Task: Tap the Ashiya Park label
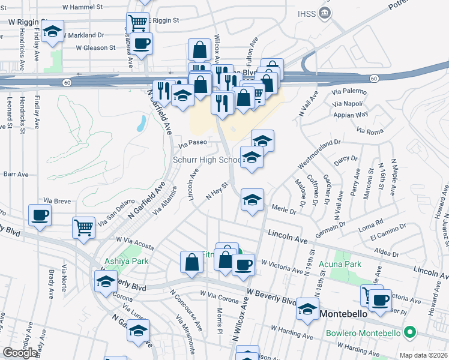[123, 262]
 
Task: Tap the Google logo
[20, 352]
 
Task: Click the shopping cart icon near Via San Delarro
[83, 227]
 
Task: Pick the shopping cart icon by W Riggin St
[137, 23]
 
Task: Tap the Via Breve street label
[58, 201]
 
